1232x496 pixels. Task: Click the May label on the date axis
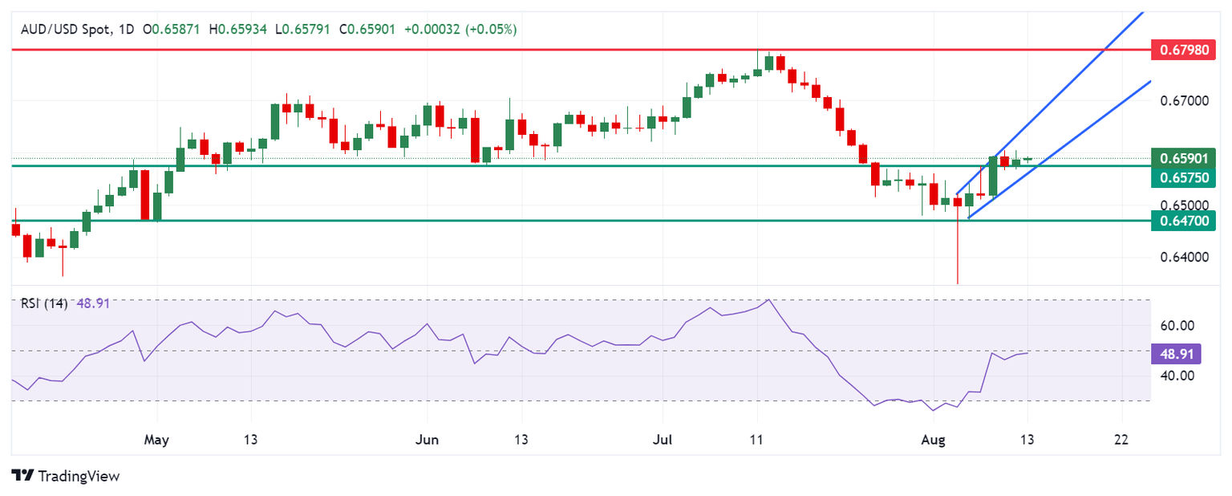click(x=156, y=440)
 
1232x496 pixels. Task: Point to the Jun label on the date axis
click(x=426, y=440)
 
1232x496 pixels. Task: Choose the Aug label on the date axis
click(x=933, y=440)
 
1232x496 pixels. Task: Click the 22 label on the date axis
click(x=1121, y=440)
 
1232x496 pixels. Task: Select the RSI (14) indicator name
click(x=43, y=303)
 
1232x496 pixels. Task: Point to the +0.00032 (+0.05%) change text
click(x=460, y=29)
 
